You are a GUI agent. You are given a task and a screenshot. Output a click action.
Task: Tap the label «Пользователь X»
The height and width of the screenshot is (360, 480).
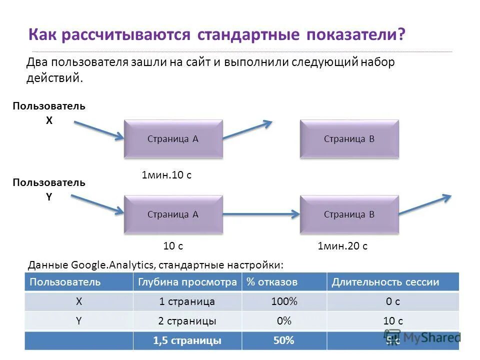49,113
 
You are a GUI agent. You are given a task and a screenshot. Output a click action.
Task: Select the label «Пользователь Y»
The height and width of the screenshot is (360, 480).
49,189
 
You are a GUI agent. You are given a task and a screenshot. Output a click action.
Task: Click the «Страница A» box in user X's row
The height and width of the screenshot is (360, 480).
173,139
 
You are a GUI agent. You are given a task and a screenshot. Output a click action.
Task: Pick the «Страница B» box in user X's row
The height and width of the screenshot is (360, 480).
349,139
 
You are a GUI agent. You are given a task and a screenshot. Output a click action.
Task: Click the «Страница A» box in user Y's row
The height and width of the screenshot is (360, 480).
173,214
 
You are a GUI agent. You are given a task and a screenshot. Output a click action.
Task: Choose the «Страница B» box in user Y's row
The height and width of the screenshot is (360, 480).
349,214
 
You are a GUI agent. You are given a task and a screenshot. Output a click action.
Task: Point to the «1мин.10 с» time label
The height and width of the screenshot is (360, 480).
166,175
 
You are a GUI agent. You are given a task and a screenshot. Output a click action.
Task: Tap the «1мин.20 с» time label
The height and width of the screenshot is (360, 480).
342,246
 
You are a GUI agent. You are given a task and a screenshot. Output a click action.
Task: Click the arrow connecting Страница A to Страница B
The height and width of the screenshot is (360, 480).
261,214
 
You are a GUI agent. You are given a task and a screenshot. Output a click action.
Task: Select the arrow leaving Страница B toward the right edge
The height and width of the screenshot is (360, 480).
425,204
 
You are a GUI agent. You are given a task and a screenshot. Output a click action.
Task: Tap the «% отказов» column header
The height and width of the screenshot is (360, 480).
272,282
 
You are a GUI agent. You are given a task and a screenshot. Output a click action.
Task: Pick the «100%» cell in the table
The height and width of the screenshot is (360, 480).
283,301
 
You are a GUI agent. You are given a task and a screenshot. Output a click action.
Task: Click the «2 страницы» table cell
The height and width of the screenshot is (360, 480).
187,321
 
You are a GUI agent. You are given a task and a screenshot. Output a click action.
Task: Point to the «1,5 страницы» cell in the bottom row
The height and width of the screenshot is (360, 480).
187,340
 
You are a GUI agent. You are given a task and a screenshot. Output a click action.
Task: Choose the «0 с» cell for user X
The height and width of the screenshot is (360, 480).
392,301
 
